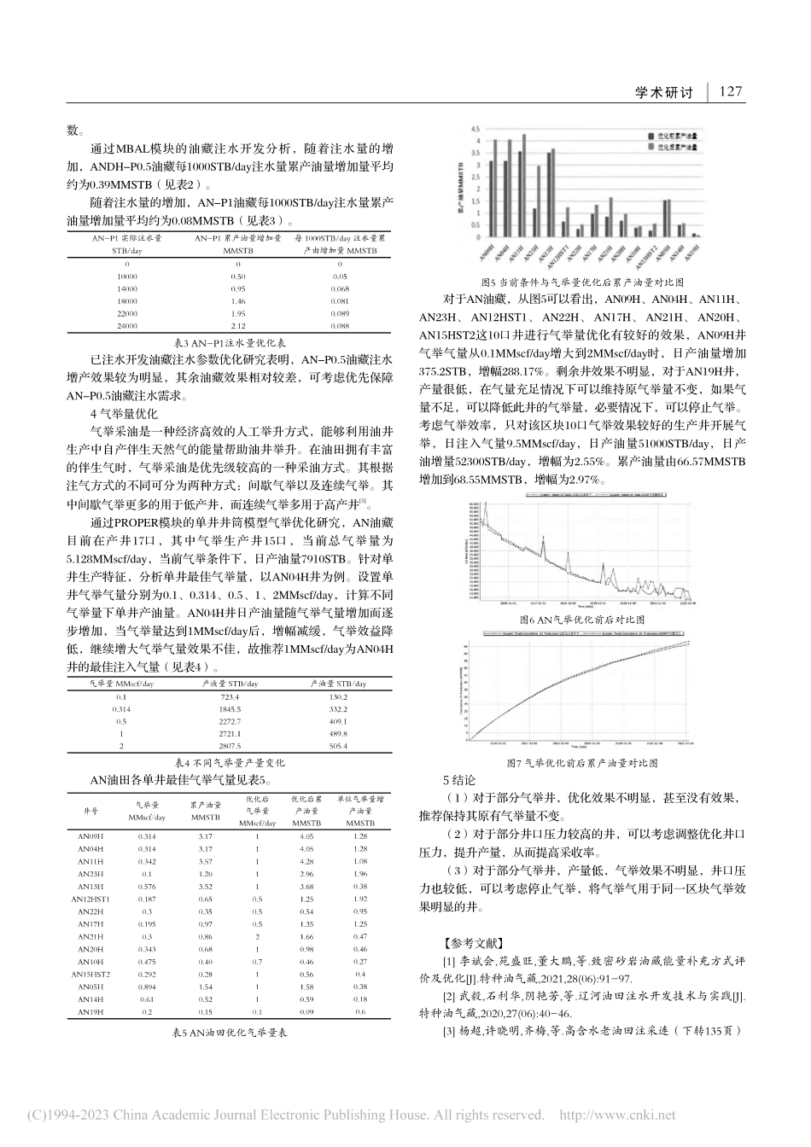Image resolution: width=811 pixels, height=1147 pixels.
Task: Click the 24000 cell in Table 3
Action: pos(126,326)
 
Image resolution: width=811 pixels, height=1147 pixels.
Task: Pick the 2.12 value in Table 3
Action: pos(238,326)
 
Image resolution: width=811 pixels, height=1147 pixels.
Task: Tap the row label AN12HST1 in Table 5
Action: pos(90,900)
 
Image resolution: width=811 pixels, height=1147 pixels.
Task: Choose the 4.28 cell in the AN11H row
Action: pos(306,862)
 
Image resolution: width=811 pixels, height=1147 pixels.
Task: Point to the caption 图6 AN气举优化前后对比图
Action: pos(582,620)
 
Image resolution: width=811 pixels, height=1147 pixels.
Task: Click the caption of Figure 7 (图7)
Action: pos(582,762)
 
